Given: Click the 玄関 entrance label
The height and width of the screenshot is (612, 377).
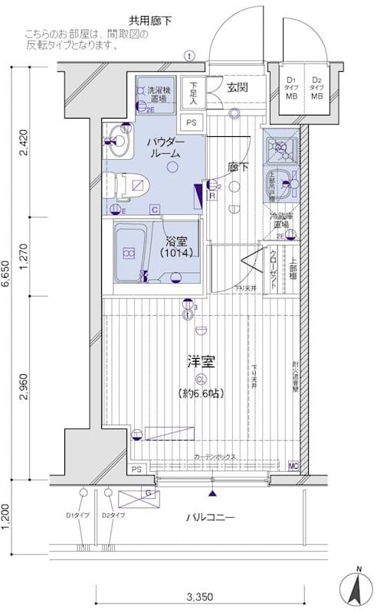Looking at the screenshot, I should (x=237, y=87).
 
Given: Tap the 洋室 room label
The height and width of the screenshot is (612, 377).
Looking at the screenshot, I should (x=201, y=359).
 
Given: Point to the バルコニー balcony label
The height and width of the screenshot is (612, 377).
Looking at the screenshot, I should (x=210, y=518).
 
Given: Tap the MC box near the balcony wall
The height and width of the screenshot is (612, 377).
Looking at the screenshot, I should (x=293, y=465).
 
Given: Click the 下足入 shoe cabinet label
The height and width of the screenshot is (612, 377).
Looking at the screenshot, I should (x=195, y=93).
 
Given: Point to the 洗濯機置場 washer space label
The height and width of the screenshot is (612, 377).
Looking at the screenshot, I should (x=159, y=96).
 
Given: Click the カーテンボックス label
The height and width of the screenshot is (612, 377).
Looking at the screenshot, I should (x=215, y=457).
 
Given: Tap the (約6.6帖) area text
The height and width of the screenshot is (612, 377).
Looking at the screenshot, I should (x=201, y=393).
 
